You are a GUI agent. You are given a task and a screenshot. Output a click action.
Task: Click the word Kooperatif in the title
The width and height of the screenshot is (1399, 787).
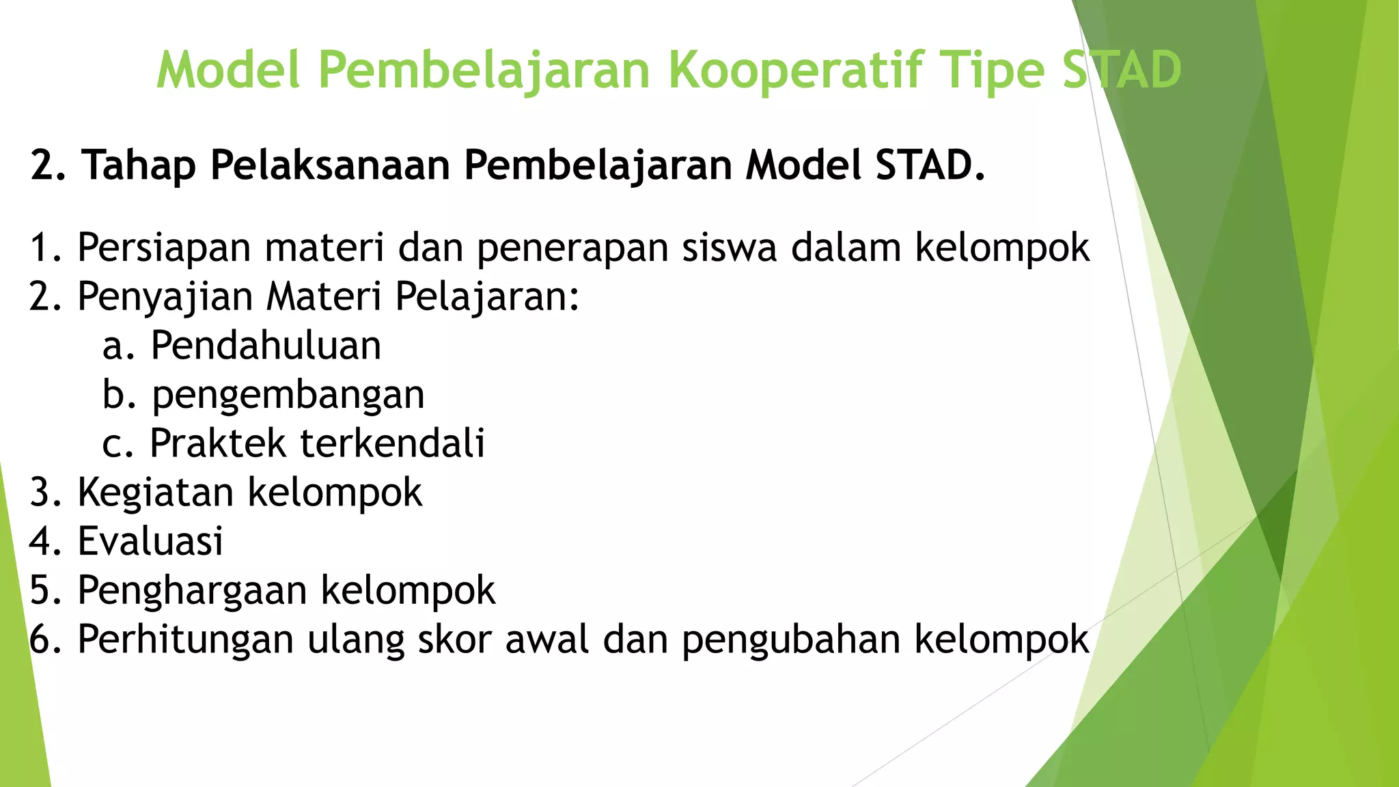pyautogui.click(x=795, y=70)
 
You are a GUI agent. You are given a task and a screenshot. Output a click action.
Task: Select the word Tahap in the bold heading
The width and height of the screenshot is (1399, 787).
pyautogui.click(x=139, y=165)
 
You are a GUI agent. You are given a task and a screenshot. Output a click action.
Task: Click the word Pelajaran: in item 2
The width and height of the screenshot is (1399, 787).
pyautogui.click(x=487, y=296)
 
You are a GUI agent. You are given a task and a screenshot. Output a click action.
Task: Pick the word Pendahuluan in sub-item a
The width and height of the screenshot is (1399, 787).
pyautogui.click(x=266, y=345)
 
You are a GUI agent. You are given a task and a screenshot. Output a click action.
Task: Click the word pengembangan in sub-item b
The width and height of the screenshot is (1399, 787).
pyautogui.click(x=288, y=396)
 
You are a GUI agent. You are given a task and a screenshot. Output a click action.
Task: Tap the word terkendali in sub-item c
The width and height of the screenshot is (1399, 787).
pyautogui.click(x=393, y=443)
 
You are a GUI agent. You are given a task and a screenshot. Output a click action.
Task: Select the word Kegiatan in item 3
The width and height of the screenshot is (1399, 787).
pyautogui.click(x=154, y=493)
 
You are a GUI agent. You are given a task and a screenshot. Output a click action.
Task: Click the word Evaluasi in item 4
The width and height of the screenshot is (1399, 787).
pyautogui.click(x=150, y=541)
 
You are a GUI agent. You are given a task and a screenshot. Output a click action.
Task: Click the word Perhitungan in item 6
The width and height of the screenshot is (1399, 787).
pyautogui.click(x=184, y=640)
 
